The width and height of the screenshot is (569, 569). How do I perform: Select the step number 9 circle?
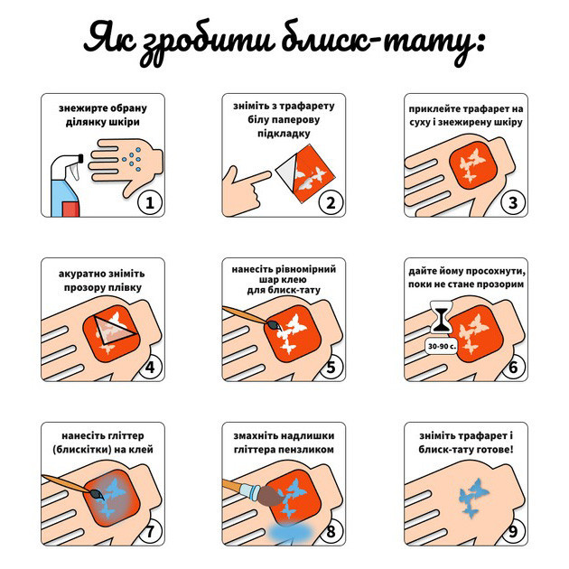[512, 531]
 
